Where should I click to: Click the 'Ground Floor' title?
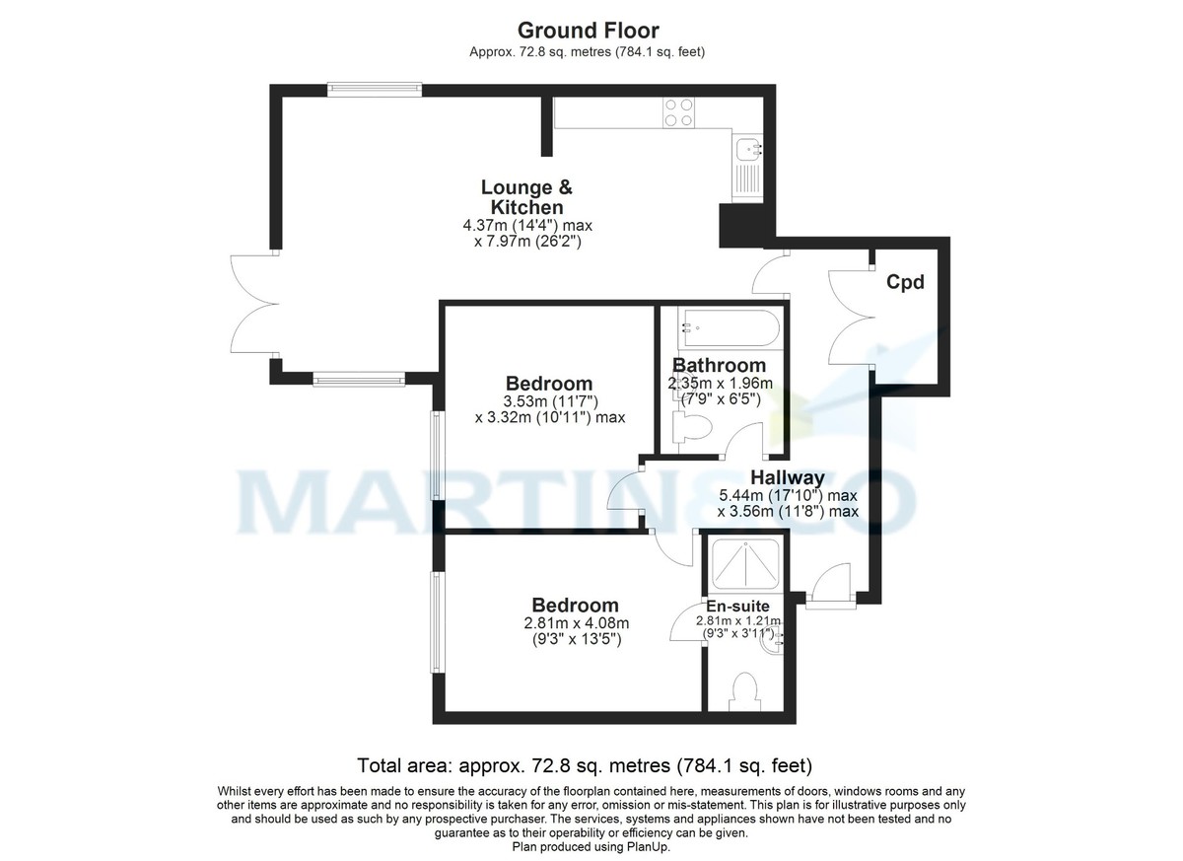point(589,31)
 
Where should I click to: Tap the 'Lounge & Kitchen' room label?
point(526,197)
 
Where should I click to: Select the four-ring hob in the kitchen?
point(677,112)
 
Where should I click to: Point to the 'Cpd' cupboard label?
point(905,283)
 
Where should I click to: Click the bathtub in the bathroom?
point(730,325)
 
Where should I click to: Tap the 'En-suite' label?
point(737,606)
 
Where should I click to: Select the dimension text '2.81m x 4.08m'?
point(577,623)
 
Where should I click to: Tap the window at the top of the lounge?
point(375,88)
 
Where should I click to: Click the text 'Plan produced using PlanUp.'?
point(591,847)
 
